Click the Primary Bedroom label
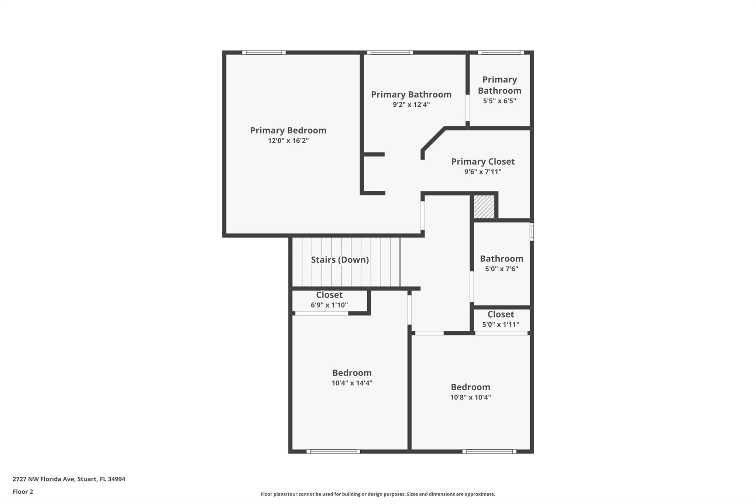pyautogui.click(x=288, y=130)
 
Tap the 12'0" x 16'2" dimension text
pyautogui.click(x=288, y=141)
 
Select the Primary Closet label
pyautogui.click(x=482, y=161)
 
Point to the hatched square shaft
pyautogui.click(x=484, y=207)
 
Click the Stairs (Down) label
pyautogui.click(x=340, y=260)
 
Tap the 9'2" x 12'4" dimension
pyautogui.click(x=411, y=104)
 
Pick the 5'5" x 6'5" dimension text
pyautogui.click(x=499, y=101)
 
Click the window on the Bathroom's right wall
pyautogui.click(x=532, y=232)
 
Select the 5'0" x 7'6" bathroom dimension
pyautogui.click(x=501, y=269)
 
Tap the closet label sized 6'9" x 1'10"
pyautogui.click(x=329, y=295)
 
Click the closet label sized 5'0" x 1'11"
pyautogui.click(x=501, y=314)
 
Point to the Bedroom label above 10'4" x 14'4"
pyautogui.click(x=351, y=373)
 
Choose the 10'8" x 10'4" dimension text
pyautogui.click(x=470, y=397)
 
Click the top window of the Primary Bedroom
pyautogui.click(x=264, y=52)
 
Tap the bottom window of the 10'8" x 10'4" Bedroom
pyautogui.click(x=489, y=451)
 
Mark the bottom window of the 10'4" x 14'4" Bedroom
pyautogui.click(x=333, y=451)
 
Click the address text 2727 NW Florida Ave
pyautogui.click(x=69, y=479)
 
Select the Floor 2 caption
pyautogui.click(x=23, y=491)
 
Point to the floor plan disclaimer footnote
pyautogui.click(x=378, y=494)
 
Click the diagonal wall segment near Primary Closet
pyautogui.click(x=433, y=140)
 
